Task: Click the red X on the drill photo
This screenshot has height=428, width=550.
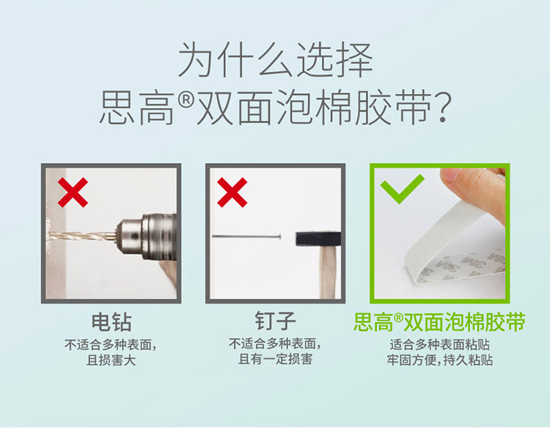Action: [73, 192]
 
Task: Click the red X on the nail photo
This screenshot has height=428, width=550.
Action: [232, 192]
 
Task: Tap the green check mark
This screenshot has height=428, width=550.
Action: [402, 189]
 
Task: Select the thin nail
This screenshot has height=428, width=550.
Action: [246, 236]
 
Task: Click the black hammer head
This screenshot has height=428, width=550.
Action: [318, 239]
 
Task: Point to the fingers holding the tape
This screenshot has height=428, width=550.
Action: [474, 192]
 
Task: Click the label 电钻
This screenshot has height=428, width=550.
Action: [111, 322]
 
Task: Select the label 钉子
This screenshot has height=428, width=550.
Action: [275, 321]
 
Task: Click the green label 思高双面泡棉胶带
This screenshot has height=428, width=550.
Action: [439, 322]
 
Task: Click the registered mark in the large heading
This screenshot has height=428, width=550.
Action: [186, 101]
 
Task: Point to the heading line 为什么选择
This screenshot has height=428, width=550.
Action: [275, 60]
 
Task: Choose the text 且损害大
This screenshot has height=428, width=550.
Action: [111, 360]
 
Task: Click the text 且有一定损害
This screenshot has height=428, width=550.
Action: [275, 359]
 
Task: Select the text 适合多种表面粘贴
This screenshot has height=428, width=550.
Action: [439, 344]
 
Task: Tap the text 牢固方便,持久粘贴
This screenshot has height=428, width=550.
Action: [440, 360]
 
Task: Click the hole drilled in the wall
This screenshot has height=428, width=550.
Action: [48, 234]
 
